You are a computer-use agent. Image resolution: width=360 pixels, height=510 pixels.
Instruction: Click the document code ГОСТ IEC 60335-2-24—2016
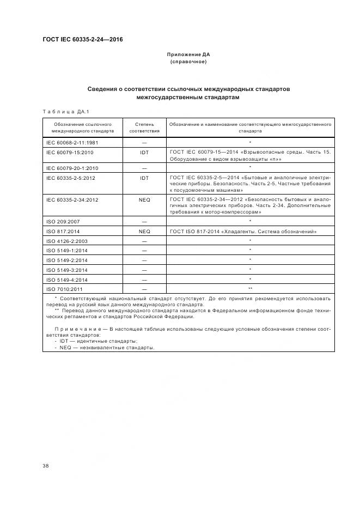[82, 39]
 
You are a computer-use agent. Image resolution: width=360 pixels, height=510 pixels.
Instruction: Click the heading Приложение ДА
[188, 55]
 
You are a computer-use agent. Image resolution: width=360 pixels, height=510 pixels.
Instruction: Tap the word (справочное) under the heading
[188, 62]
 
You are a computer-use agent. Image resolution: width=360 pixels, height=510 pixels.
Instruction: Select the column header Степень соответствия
[144, 127]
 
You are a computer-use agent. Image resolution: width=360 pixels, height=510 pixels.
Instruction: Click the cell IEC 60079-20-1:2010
[72, 168]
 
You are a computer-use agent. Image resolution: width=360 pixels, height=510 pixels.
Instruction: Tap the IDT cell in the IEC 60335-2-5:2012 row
[144, 178]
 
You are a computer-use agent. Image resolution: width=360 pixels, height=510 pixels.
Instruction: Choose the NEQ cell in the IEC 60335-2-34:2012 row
[144, 199]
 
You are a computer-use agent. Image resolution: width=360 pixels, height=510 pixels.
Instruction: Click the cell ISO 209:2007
[63, 221]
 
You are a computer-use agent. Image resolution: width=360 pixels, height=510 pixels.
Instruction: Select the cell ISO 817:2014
[63, 232]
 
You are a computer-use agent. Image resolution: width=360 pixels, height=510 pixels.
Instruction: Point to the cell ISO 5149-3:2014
[67, 270]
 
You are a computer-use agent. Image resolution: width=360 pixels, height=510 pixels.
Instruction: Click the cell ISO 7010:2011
[65, 289]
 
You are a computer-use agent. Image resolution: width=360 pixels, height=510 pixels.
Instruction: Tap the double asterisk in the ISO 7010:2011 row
[250, 289]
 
